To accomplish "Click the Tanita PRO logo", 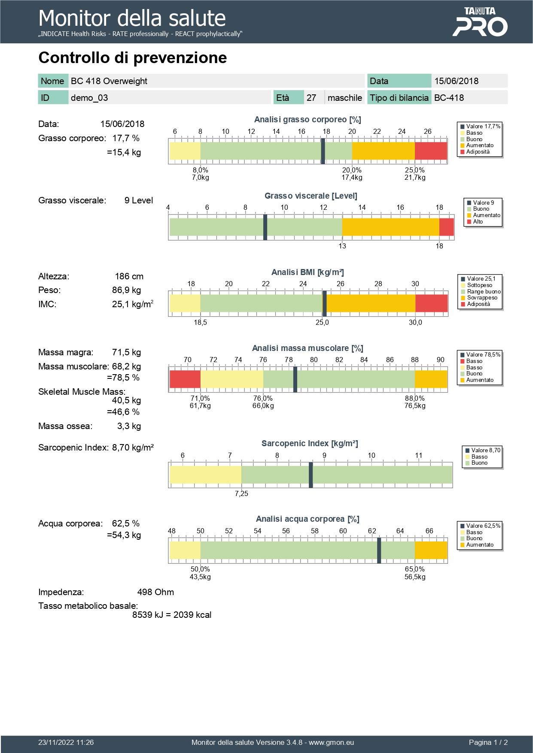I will tap(480, 22).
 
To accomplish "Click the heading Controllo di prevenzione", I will tap(133, 58).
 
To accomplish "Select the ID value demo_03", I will tap(89, 98).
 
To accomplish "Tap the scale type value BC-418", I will tap(449, 98).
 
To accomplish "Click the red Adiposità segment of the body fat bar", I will tap(431, 151).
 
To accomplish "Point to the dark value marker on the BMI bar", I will tap(325, 303).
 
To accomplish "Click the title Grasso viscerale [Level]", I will tap(311, 196).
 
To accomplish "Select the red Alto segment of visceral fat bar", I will tap(446, 227).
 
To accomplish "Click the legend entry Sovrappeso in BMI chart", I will tap(482, 298).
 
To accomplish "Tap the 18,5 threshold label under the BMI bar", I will tap(200, 323).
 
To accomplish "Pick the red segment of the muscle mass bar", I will tap(185, 379).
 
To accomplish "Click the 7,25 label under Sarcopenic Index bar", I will tap(241, 494).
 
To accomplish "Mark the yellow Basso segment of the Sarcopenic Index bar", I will tap(205, 475).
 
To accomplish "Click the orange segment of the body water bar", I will tap(431, 550).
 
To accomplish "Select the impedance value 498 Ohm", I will tap(155, 593).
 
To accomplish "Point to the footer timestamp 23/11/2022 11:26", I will tap(66, 743).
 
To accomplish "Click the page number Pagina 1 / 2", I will tap(488, 743).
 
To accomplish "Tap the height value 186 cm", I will tap(129, 277).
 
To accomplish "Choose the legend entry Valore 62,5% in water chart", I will tap(483, 526).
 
